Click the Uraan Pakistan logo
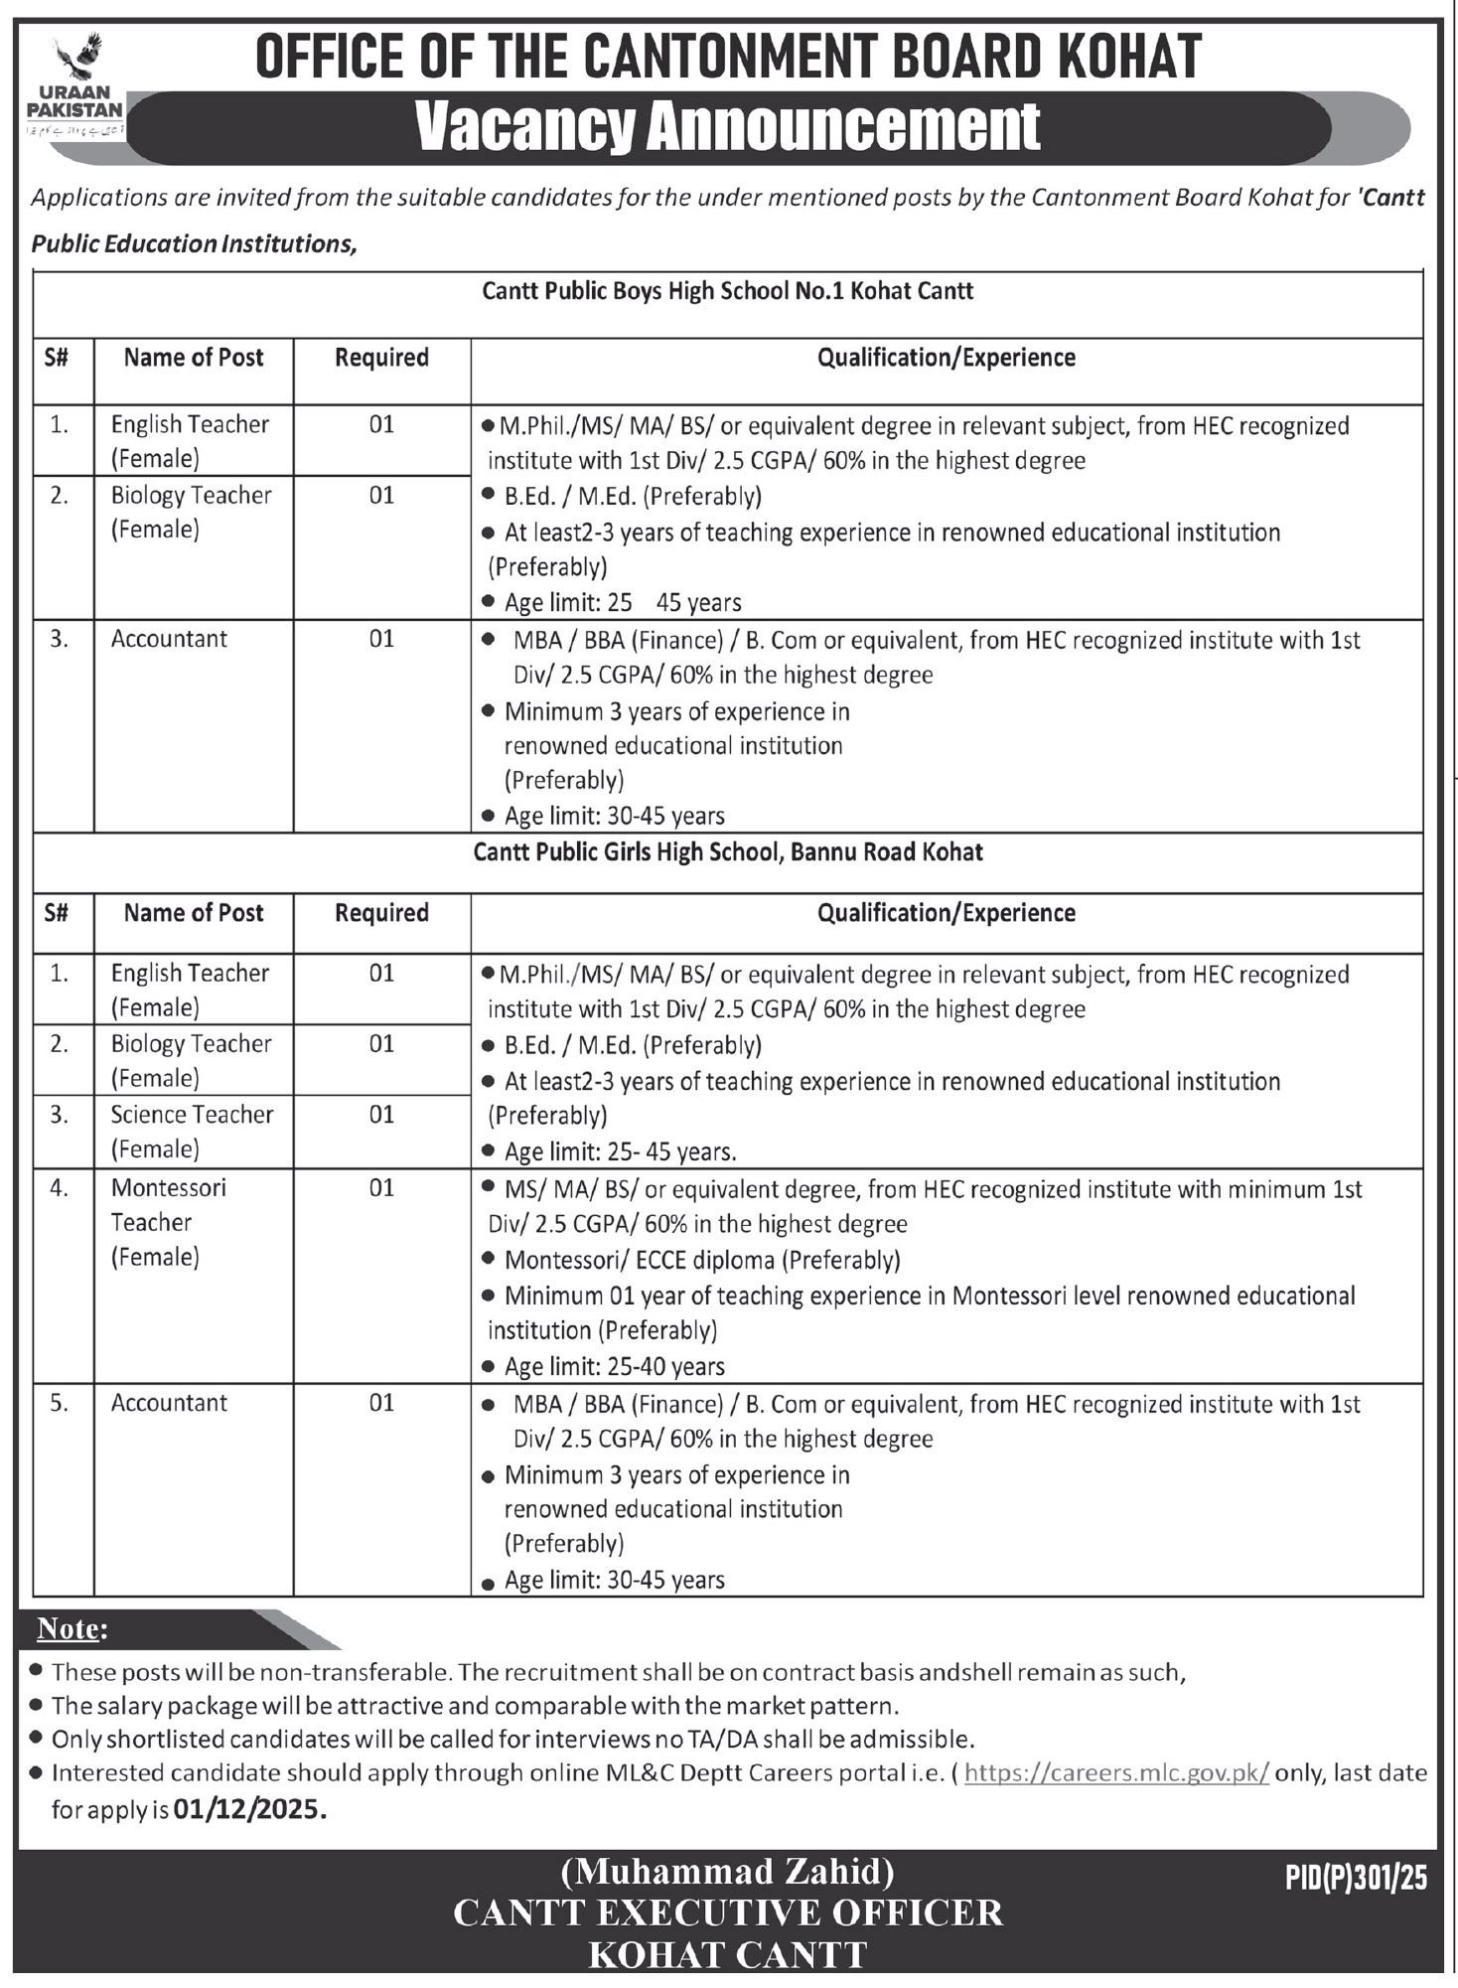click(x=75, y=86)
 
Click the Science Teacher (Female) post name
click(x=192, y=1131)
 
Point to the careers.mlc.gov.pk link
click(x=1116, y=1772)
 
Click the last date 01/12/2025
click(x=248, y=1809)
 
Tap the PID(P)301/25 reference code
click(x=1355, y=1877)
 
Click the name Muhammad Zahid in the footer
click(x=727, y=1872)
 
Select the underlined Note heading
click(x=71, y=1628)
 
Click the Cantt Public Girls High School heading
click(x=728, y=851)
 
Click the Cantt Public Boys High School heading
click(x=727, y=291)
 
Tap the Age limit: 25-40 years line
click(x=614, y=1366)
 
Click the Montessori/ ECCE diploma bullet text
click(x=702, y=1260)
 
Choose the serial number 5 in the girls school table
click(x=60, y=1402)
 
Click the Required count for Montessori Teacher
click(x=381, y=1187)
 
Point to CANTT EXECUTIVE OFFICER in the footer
click(x=728, y=1912)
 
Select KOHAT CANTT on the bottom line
click(x=728, y=1954)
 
